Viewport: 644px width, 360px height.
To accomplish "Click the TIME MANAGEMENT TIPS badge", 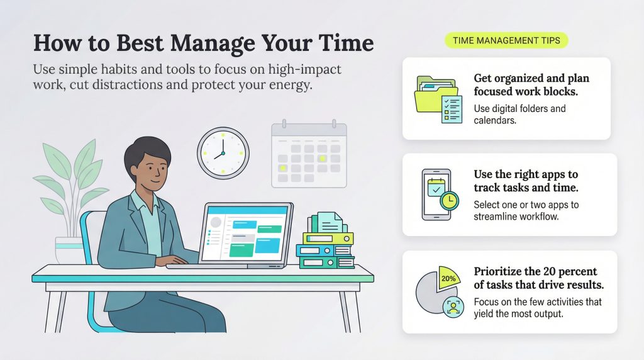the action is pos(506,40).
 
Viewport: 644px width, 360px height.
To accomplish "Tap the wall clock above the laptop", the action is pos(223,153).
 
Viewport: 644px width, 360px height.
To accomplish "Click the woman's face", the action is pos(153,169).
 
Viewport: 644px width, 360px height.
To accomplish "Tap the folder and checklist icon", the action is pos(438,99).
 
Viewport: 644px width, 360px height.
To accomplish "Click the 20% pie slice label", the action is pos(448,278).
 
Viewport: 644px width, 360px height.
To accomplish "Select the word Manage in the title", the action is pos(213,43).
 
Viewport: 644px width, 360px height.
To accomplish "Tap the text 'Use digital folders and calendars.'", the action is pos(519,115).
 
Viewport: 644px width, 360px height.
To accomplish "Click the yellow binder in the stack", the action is pos(328,238).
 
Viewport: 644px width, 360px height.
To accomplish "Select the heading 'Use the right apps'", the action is pos(519,174).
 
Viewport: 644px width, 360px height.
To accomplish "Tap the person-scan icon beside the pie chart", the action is pos(453,307).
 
